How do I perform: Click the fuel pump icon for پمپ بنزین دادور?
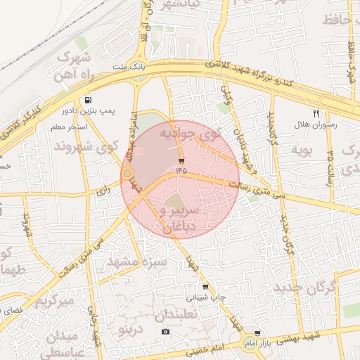(87, 100)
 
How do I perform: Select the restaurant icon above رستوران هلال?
(316, 112)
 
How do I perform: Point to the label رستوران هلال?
(316, 124)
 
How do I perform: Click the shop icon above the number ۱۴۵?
(181, 160)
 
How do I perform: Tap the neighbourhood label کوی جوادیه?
(190, 132)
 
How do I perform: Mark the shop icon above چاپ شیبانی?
(205, 287)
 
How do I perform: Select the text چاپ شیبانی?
(211, 297)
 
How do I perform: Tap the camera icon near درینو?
(165, 331)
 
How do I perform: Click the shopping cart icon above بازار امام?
(257, 333)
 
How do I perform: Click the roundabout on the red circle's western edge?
(127, 173)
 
